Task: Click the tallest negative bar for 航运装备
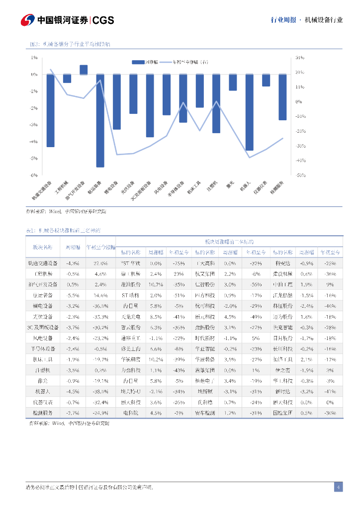100,120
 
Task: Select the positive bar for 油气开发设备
84,70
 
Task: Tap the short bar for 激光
233,82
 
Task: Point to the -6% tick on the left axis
34,175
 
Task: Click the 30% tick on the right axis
299,58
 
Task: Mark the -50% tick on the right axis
299,175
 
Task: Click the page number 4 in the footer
338,487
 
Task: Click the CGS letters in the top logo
103,20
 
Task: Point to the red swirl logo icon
27,20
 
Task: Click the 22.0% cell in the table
100,263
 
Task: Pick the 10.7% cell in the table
156,284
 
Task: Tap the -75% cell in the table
179,263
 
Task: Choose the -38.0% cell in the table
100,391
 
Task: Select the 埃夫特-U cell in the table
131,391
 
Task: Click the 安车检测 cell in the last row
205,413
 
